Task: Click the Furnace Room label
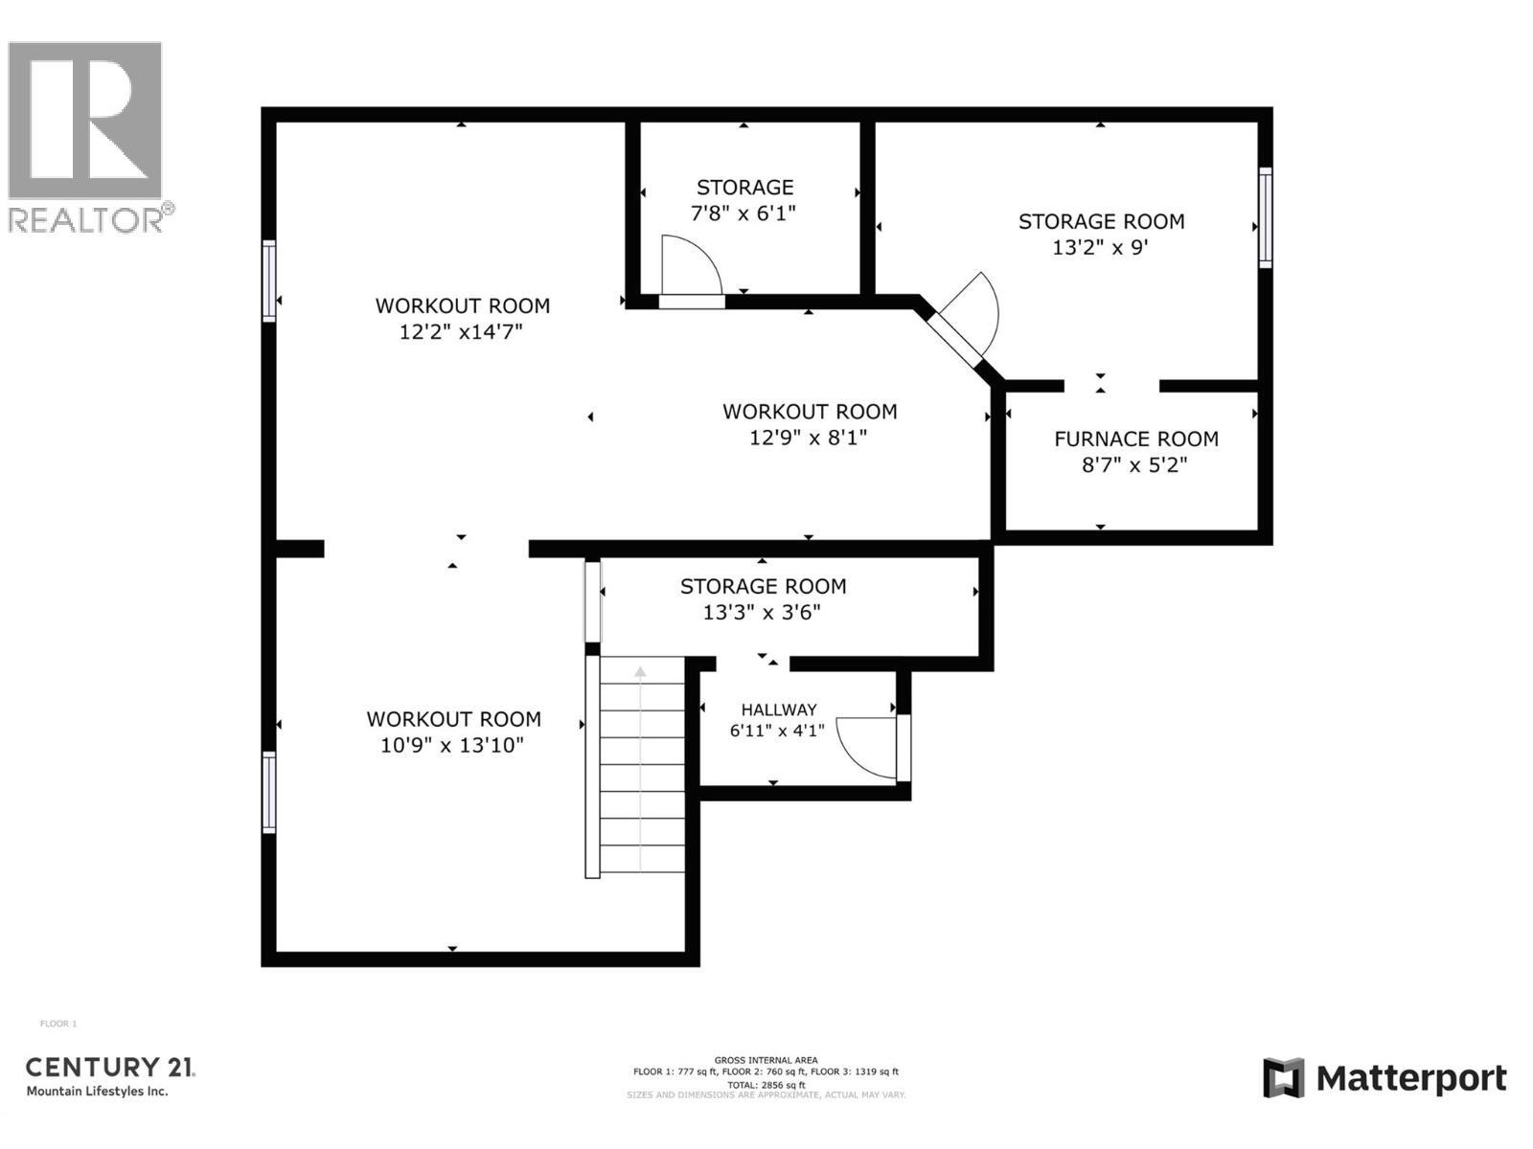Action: click(1136, 439)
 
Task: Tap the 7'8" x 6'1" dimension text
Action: click(744, 213)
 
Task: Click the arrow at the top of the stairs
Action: click(640, 673)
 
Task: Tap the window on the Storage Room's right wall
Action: click(1265, 217)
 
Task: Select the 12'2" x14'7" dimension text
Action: click(462, 332)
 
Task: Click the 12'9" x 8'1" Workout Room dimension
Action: click(809, 438)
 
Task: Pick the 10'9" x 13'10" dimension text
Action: click(452, 745)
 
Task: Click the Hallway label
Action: click(779, 710)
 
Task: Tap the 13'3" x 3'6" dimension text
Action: click(763, 612)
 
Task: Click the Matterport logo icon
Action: click(1283, 1078)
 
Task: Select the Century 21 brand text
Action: click(110, 1067)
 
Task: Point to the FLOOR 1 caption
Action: click(58, 1024)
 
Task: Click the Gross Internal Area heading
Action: click(766, 1060)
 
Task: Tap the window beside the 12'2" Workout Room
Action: click(269, 281)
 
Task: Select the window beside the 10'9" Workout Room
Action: click(269, 792)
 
